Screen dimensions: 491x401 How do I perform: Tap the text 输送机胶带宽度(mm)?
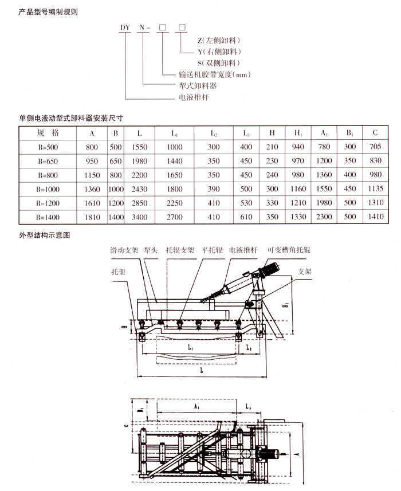215,74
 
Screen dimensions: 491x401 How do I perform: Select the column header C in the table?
375,133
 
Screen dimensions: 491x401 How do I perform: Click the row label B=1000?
48,189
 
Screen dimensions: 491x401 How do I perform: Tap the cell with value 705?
375,147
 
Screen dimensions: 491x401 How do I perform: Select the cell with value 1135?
375,189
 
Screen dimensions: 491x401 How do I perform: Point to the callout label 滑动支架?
125,250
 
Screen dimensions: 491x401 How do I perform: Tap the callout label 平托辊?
212,250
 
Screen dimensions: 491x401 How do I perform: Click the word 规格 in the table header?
48,133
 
